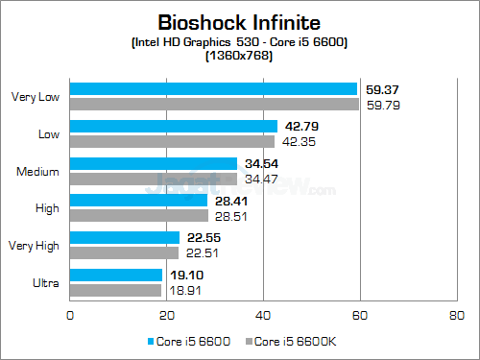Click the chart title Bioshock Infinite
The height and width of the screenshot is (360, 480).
click(x=239, y=20)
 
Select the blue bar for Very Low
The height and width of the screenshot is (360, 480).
click(x=214, y=89)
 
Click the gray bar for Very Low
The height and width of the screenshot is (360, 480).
click(x=215, y=103)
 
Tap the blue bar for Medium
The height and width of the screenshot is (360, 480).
click(x=154, y=164)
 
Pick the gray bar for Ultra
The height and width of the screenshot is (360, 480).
click(x=116, y=290)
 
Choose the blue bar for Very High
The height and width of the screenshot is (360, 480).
click(x=125, y=238)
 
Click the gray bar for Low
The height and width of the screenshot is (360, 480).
click(x=173, y=141)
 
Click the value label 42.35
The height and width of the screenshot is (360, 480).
click(x=298, y=141)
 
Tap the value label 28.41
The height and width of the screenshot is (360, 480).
click(x=228, y=202)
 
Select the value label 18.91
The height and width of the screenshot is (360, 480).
click(x=183, y=290)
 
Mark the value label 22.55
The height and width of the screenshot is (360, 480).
click(x=200, y=239)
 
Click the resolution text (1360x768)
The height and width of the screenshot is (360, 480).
click(x=239, y=57)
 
